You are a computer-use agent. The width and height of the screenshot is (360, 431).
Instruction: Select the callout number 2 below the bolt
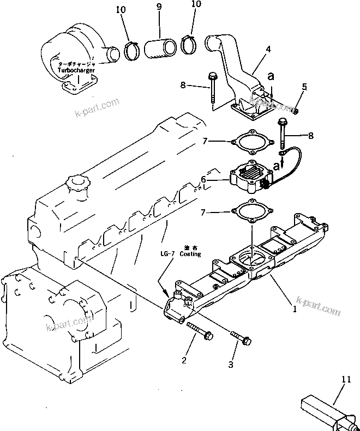[x=184, y=360]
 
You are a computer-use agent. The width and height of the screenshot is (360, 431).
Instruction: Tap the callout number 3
[x=230, y=365]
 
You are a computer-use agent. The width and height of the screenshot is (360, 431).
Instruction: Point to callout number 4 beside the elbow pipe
[x=268, y=50]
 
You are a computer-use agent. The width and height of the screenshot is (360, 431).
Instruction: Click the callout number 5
[x=305, y=87]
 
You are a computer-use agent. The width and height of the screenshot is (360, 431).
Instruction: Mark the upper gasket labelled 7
[x=251, y=142]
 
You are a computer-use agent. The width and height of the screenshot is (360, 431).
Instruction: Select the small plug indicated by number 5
[x=296, y=111]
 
